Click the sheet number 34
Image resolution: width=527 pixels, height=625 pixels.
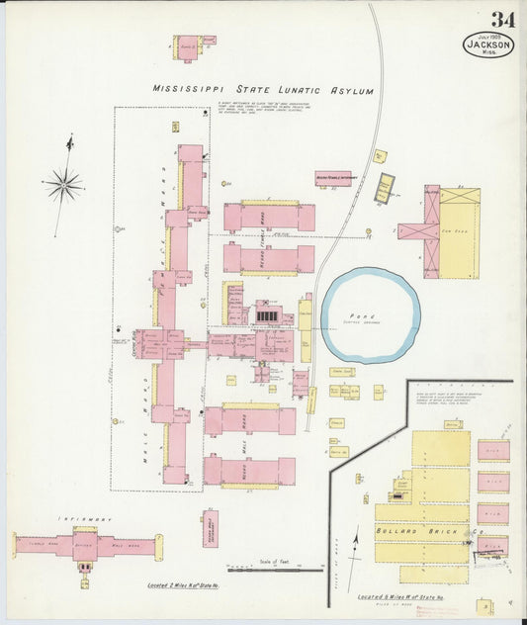point(501,19)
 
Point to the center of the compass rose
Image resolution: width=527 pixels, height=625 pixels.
point(64,184)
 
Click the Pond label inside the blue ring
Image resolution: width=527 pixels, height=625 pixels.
point(371,314)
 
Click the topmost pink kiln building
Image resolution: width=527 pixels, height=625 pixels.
point(492,451)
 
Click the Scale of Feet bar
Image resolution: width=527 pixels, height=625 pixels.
point(261,569)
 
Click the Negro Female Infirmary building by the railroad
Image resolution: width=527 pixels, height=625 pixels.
point(333,179)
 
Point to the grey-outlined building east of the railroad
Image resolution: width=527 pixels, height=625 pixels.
point(384,188)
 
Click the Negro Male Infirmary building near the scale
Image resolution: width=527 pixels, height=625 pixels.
point(210,530)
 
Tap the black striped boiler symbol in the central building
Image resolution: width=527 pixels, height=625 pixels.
point(267,315)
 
